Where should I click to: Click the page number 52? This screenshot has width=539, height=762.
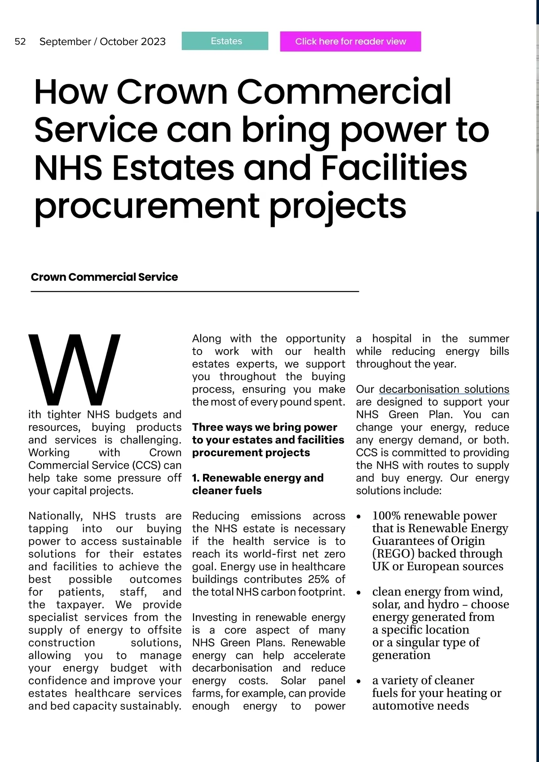pyautogui.click(x=20, y=42)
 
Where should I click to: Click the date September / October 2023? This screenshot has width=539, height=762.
pyautogui.click(x=102, y=42)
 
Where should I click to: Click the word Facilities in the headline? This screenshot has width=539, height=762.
pyautogui.click(x=394, y=167)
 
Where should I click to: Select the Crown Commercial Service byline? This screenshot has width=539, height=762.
pyautogui.click(x=104, y=277)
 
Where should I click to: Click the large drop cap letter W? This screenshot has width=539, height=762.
pyautogui.click(x=75, y=368)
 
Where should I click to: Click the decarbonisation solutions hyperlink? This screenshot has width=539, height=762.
pyautogui.click(x=444, y=389)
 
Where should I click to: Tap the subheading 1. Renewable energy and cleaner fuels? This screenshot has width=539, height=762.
pyautogui.click(x=257, y=484)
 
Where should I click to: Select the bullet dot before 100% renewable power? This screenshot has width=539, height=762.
pyautogui.click(x=358, y=517)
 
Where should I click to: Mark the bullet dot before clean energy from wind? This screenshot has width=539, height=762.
pyautogui.click(x=358, y=593)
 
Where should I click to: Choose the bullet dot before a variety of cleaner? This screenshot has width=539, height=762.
pyautogui.click(x=358, y=682)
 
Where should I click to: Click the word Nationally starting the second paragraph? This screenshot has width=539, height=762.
pyautogui.click(x=56, y=516)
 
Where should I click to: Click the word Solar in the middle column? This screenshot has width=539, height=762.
pyautogui.click(x=293, y=681)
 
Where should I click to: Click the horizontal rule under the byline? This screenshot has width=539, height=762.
pyautogui.click(x=194, y=292)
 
